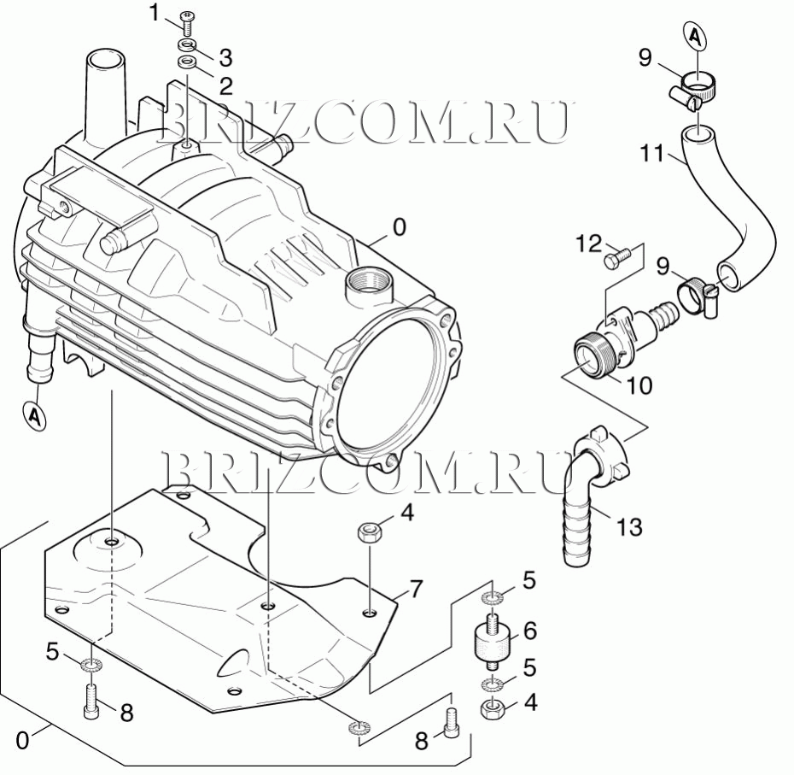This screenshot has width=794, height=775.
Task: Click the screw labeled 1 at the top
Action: [x=187, y=23]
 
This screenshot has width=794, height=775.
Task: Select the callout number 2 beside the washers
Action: [x=225, y=86]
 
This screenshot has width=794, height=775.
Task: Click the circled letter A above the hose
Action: [x=697, y=36]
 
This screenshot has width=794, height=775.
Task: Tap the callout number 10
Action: [x=639, y=386]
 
